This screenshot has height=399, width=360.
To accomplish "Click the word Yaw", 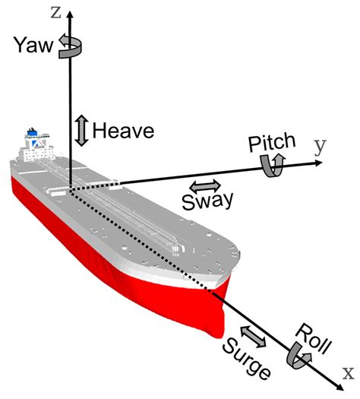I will pos(32,46).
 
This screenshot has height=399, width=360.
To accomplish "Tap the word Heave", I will pos(123,131).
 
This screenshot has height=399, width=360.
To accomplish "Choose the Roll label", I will pos(313,340).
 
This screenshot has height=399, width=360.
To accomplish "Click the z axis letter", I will pos(54,11).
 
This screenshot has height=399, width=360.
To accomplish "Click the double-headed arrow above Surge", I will pos(252,334).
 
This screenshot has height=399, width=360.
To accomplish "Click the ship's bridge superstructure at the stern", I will pos(33,141).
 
